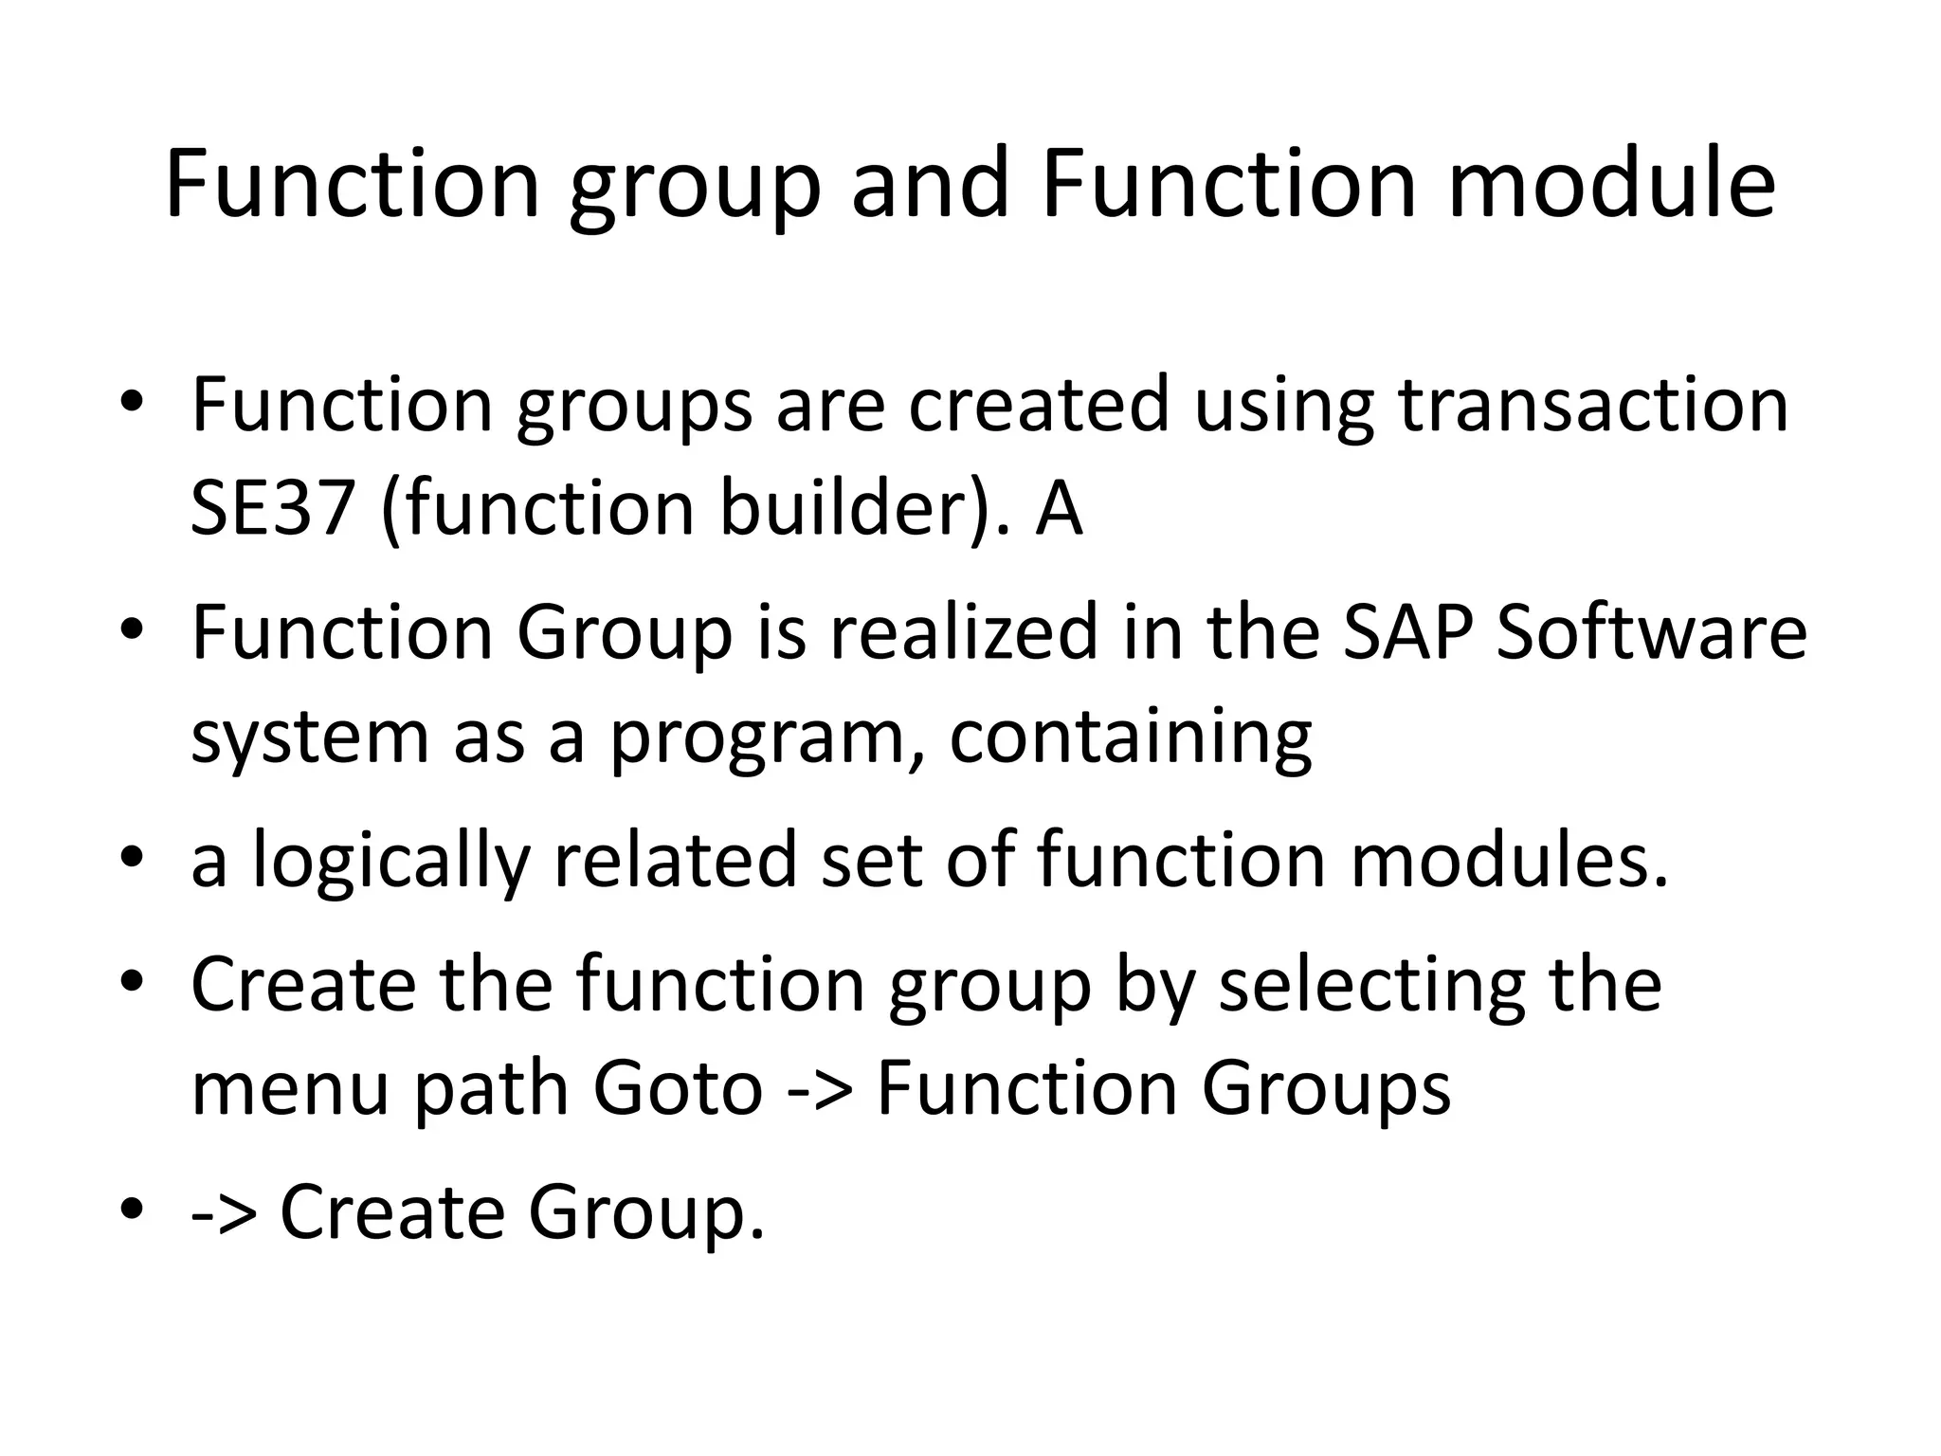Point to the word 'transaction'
(1593, 405)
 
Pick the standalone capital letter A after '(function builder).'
(1058, 508)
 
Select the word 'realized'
(963, 632)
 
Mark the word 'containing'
(1130, 737)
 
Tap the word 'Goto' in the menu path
(678, 1087)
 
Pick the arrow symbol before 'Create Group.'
(224, 1214)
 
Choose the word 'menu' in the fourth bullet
(290, 1087)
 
